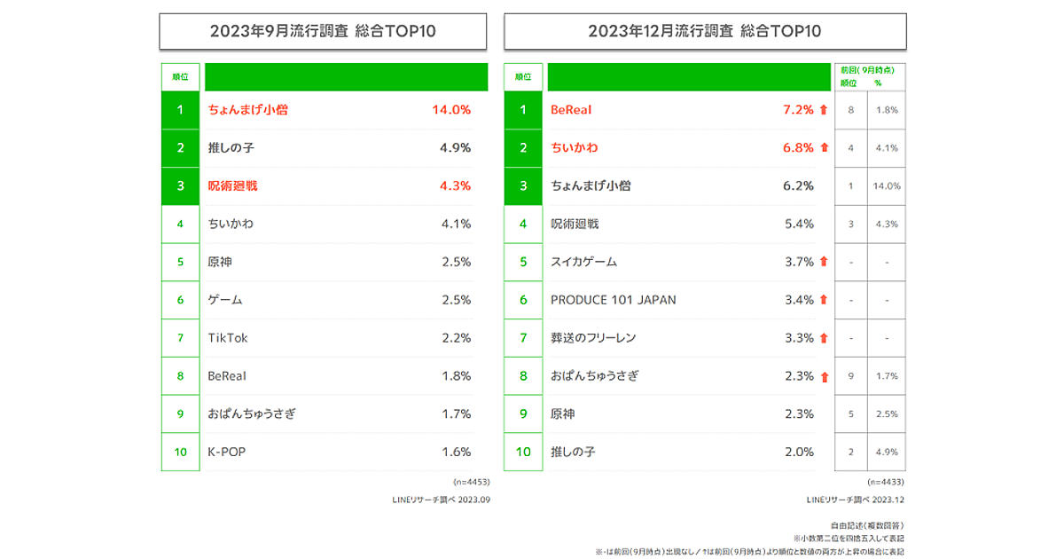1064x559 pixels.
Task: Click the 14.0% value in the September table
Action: click(x=450, y=110)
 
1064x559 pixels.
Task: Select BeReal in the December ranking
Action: click(x=571, y=110)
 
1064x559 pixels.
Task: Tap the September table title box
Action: click(x=323, y=32)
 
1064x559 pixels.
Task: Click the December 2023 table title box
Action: click(x=705, y=32)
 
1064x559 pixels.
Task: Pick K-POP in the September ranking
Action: click(x=226, y=452)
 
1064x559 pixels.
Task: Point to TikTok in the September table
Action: click(x=228, y=338)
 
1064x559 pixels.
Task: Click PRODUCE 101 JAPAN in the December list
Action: click(x=614, y=300)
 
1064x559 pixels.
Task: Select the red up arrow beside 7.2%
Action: click(x=824, y=110)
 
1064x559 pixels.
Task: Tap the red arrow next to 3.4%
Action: click(x=824, y=300)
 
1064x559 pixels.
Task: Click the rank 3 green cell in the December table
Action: click(x=523, y=186)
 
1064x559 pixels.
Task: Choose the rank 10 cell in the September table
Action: click(x=181, y=452)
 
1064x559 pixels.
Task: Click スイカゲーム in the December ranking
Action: click(x=583, y=262)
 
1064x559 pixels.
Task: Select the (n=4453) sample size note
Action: click(x=472, y=482)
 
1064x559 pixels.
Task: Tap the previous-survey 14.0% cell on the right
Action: click(x=886, y=186)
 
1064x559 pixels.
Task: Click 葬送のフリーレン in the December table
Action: click(x=593, y=338)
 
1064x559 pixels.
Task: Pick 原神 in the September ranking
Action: click(x=220, y=262)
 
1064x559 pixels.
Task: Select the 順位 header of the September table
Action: click(x=180, y=77)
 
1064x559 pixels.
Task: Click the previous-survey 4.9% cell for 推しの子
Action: click(x=886, y=452)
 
